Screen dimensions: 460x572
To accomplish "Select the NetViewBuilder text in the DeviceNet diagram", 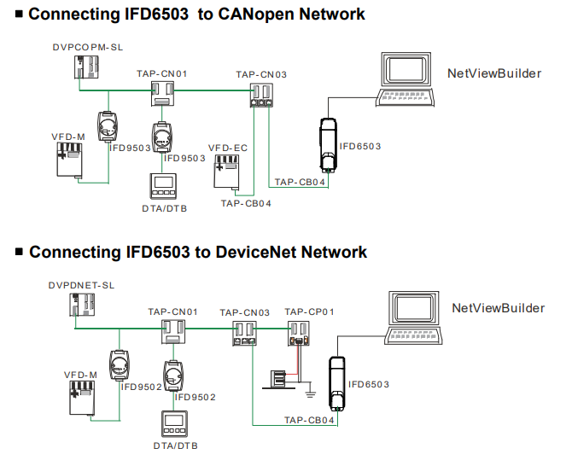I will pos(497,308).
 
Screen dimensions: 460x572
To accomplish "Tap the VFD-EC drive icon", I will pos(225,172).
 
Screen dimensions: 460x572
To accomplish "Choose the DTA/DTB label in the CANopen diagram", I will pos(164,208).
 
